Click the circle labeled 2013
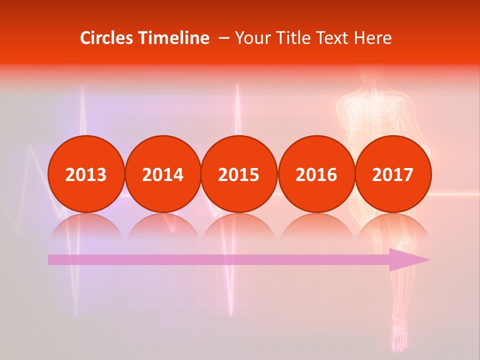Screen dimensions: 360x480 point(86,174)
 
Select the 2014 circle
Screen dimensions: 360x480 point(162,174)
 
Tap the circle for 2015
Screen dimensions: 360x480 point(239,174)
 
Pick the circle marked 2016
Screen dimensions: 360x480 point(316,174)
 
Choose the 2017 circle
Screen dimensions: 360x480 point(392,174)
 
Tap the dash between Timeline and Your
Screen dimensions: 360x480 point(223,38)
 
